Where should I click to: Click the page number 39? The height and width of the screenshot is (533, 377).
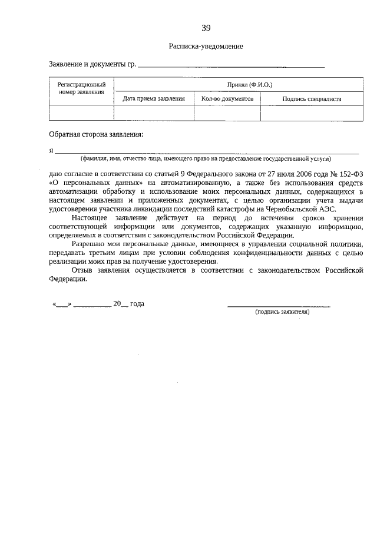[206, 28]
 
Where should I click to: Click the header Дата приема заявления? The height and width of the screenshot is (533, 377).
[153, 99]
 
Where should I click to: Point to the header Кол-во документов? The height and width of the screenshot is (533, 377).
[227, 99]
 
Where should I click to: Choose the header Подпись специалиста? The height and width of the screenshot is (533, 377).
[312, 99]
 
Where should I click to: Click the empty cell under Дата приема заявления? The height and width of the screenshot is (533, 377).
[153, 113]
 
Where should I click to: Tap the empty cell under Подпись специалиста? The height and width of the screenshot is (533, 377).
[312, 113]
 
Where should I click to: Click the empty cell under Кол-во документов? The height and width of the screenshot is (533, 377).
[227, 113]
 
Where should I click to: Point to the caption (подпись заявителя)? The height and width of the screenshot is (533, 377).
[282, 312]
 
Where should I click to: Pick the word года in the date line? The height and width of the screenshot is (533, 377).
[137, 304]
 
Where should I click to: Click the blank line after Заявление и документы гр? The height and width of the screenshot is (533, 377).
[230, 67]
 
